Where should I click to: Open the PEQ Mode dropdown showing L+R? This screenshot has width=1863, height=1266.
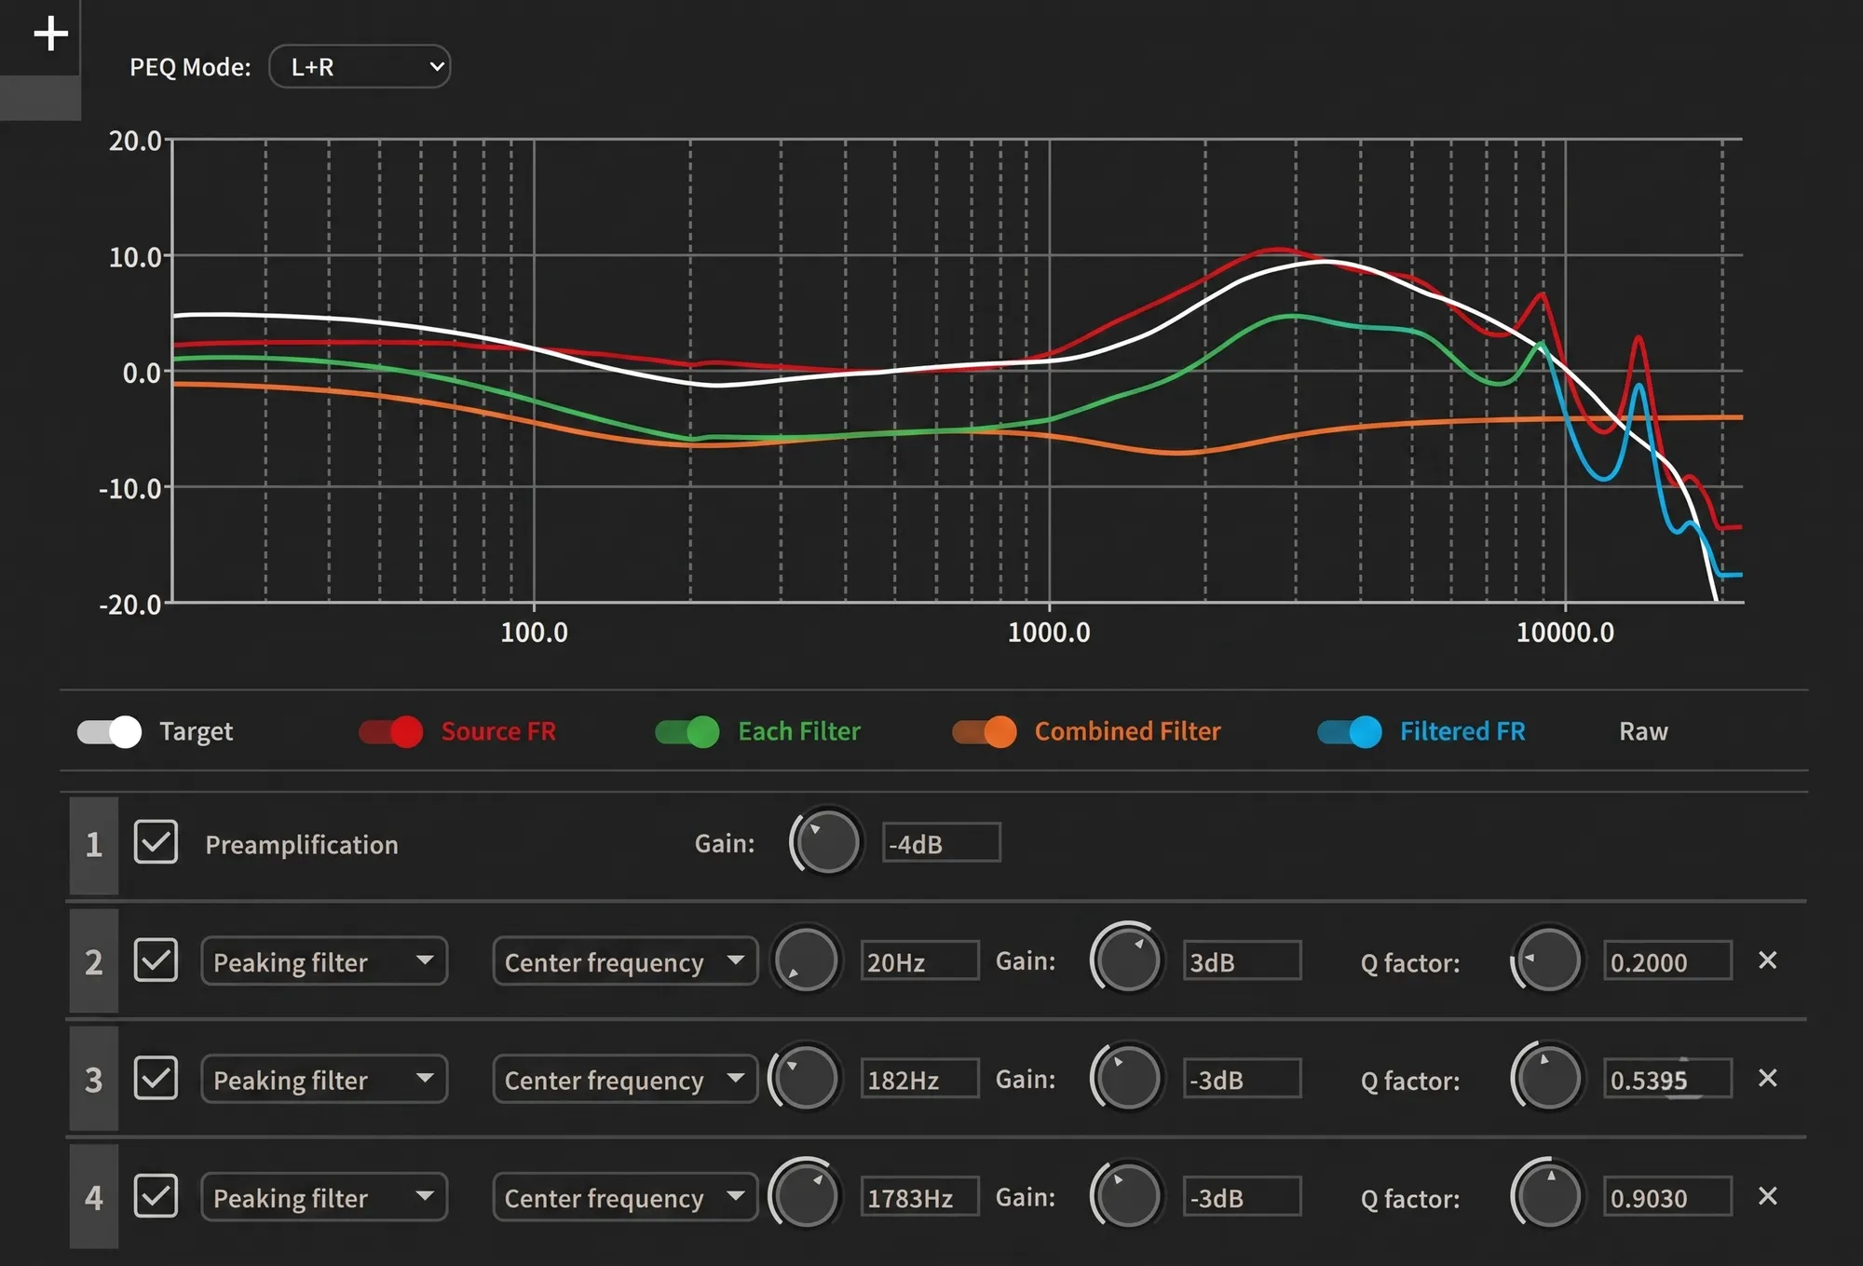click(x=360, y=67)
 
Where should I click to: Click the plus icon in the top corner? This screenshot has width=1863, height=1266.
click(x=50, y=34)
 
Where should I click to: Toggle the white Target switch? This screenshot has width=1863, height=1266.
click(x=109, y=732)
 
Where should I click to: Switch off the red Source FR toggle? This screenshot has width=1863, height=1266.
click(x=391, y=732)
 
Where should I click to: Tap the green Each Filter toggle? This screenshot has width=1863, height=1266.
click(x=687, y=732)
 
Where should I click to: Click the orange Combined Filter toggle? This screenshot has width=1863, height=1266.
click(x=985, y=732)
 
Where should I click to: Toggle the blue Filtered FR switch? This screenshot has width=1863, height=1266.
click(x=1350, y=732)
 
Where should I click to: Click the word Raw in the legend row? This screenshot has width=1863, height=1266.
click(x=1643, y=732)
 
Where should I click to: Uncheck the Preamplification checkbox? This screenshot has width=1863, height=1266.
click(x=156, y=842)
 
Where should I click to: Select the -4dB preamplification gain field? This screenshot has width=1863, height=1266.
click(x=941, y=843)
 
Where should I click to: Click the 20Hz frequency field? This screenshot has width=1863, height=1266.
click(x=919, y=960)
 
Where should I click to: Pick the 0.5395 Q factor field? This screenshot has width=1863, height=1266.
click(x=1667, y=1079)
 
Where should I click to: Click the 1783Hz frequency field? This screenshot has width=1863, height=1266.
click(x=919, y=1197)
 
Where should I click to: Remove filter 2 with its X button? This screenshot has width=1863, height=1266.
click(x=1767, y=960)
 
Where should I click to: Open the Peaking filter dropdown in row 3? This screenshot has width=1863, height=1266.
click(x=324, y=1079)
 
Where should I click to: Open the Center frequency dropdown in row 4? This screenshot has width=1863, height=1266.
click(x=625, y=1197)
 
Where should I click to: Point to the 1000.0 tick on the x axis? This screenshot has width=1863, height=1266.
click(x=1049, y=633)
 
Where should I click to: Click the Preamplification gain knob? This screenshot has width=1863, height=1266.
click(x=826, y=842)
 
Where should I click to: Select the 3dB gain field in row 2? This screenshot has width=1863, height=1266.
click(x=1242, y=960)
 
